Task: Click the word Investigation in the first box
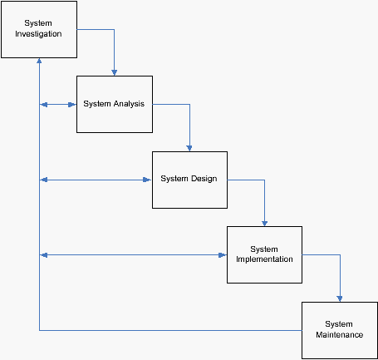coord(38,34)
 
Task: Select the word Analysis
coord(129,104)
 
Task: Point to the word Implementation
coord(264,259)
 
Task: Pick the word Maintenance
coord(340,335)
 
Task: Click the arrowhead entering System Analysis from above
coord(114,73)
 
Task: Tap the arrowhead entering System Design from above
coord(189,148)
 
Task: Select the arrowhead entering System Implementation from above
coord(264,224)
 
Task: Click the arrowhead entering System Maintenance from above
coord(340,299)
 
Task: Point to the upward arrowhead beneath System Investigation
coord(39,61)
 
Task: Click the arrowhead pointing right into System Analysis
coord(72,105)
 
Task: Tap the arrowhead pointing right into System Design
coord(147,180)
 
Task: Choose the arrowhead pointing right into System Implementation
coord(223,255)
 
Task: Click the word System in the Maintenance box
coord(339,324)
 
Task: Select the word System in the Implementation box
coord(264,249)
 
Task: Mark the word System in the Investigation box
coord(38,23)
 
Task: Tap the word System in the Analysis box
coord(97,104)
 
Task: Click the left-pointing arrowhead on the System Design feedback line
coord(44,180)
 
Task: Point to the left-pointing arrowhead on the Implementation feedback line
coord(44,255)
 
